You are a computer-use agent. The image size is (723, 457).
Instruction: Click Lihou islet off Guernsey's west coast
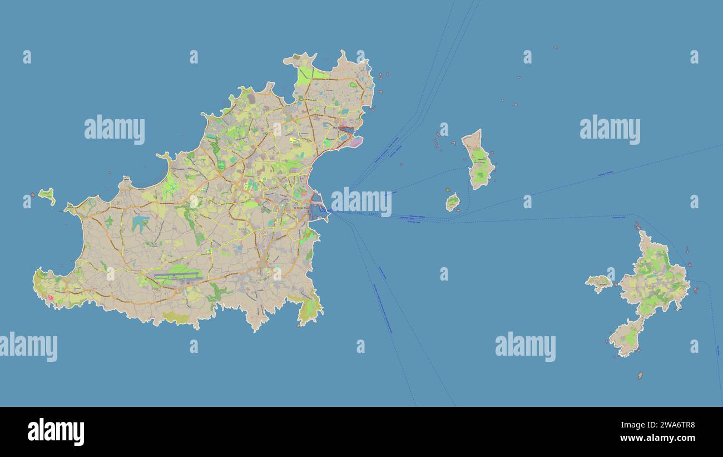point(47,195)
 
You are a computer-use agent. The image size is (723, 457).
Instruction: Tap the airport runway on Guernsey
point(177,274)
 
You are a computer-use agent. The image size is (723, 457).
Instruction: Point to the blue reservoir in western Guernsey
point(139,223)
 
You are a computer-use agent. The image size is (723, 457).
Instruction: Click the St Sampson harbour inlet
point(346,131)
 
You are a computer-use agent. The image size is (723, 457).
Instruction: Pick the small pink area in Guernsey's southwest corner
point(51,298)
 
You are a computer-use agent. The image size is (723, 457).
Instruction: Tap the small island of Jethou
point(452,202)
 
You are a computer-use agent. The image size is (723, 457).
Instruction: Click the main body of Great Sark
point(655,278)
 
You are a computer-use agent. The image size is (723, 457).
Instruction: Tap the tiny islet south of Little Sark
point(640,376)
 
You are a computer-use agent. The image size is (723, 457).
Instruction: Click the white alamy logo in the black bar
point(56,432)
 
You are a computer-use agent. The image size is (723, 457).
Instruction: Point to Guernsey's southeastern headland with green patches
point(309,309)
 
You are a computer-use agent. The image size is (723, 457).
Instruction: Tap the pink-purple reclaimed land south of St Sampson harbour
point(354,142)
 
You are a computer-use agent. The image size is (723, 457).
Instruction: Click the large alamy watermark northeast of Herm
point(610,130)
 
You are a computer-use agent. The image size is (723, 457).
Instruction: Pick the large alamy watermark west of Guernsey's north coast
point(115,130)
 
